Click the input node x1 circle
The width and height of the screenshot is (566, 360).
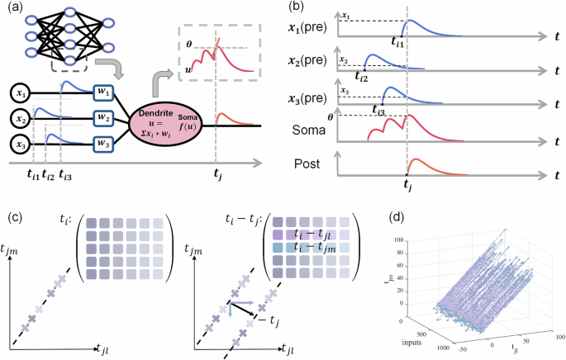17,93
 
